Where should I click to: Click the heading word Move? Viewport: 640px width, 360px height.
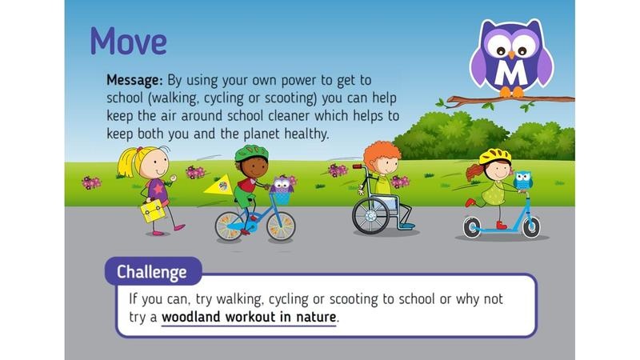pos(129,42)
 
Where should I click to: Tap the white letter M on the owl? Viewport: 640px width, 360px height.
pos(511,73)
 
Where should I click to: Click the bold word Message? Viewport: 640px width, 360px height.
pos(134,81)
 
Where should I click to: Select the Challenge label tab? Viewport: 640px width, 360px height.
pos(153,271)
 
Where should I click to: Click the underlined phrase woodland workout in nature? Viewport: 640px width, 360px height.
pos(249,317)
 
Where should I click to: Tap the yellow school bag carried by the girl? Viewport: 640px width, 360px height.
pos(152,211)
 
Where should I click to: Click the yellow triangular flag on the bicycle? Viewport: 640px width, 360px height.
pos(218,185)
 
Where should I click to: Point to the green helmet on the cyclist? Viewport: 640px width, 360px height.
pos(251,153)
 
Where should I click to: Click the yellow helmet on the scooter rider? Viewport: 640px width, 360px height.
pos(495,156)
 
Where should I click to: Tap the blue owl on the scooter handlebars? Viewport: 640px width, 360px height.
pos(523,181)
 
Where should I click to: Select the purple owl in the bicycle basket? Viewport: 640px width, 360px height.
pos(282,185)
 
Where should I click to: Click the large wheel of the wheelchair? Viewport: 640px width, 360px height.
pos(370,216)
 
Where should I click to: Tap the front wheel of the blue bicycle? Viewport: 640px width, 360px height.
pos(281,226)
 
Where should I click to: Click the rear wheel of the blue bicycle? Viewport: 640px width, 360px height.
pos(230,226)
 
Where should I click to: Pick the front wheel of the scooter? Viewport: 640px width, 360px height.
pos(531,227)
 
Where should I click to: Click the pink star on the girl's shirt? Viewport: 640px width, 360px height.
pos(158,188)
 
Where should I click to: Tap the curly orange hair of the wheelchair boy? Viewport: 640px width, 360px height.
pos(382,152)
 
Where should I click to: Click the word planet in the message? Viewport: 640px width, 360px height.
pos(262,134)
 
